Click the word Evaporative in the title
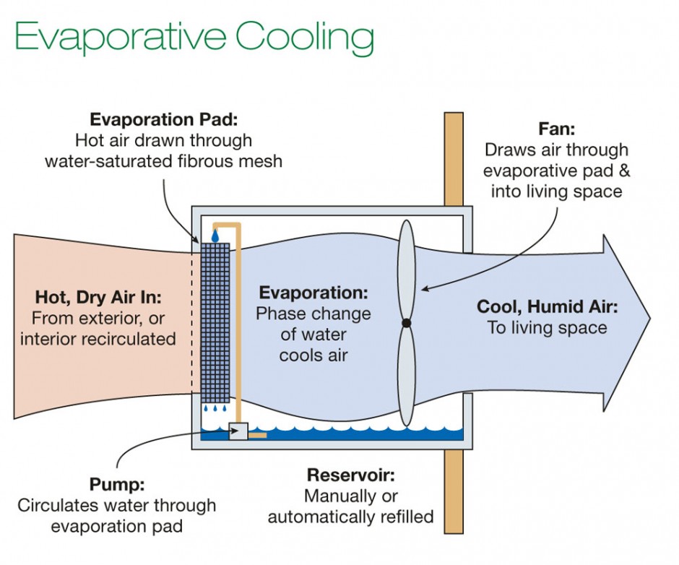click(x=121, y=36)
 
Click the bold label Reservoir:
click(x=351, y=475)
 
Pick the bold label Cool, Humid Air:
click(x=547, y=307)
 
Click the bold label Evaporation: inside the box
click(x=313, y=293)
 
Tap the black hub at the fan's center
click(x=407, y=323)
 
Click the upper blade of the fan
click(x=407, y=267)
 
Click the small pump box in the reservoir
click(x=238, y=431)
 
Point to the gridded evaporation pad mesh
click(x=215, y=322)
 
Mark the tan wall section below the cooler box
click(x=454, y=491)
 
